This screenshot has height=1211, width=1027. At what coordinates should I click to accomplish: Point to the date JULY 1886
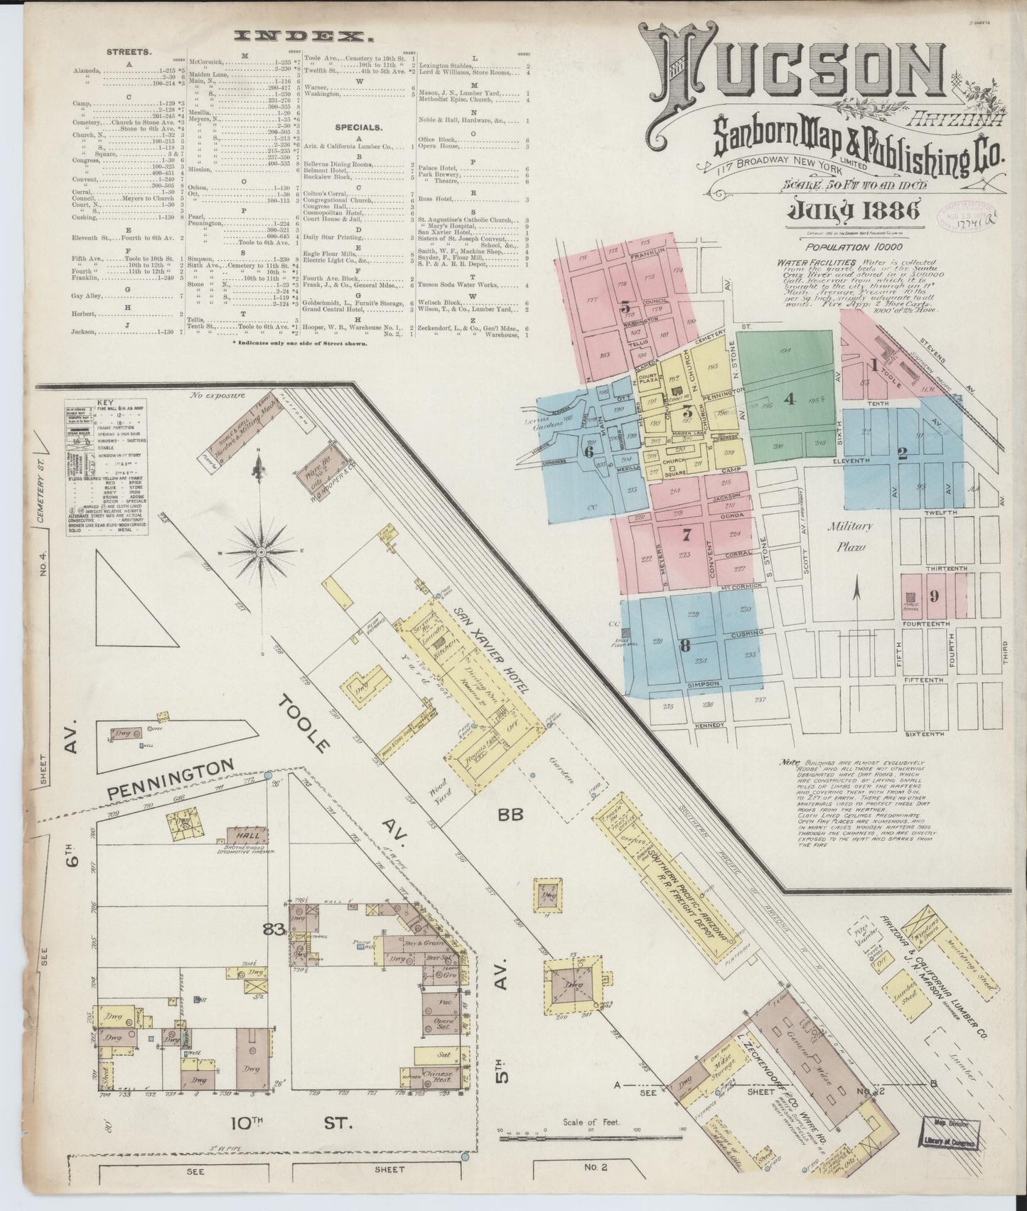click(x=853, y=210)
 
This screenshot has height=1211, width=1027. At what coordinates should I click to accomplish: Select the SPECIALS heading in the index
click(x=359, y=128)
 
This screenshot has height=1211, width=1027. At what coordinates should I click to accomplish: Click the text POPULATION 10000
click(x=847, y=247)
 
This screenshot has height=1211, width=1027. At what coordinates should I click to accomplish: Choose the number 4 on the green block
click(x=788, y=399)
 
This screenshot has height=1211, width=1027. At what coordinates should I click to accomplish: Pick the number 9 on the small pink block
click(x=934, y=596)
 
